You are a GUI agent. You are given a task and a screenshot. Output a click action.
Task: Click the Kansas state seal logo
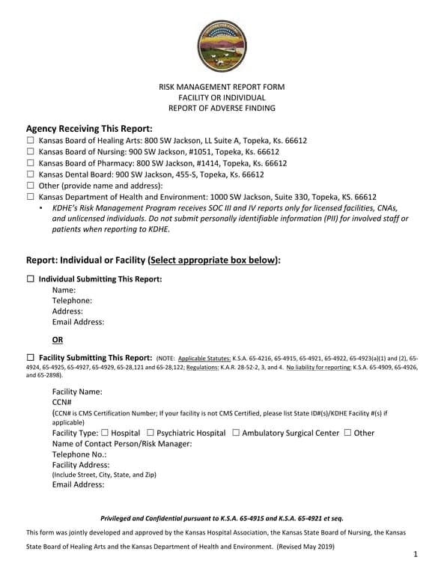(x=222, y=46)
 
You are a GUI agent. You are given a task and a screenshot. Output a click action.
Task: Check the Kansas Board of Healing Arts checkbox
(x=31, y=141)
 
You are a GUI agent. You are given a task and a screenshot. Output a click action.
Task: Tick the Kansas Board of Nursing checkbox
(x=31, y=152)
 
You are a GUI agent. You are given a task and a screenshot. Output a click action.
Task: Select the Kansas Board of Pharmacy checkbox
(x=31, y=163)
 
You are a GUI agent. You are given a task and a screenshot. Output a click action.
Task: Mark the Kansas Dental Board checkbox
(x=31, y=174)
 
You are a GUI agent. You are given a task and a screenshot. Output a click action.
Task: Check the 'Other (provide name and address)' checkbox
(x=31, y=186)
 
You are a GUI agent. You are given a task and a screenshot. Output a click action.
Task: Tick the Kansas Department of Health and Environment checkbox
(x=31, y=197)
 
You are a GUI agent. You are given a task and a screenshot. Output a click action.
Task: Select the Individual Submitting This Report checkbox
(x=31, y=279)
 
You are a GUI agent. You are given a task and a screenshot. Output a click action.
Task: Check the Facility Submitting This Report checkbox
(x=31, y=358)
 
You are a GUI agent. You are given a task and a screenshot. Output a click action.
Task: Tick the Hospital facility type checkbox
(x=105, y=433)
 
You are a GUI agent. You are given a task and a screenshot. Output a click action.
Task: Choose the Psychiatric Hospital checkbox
(x=151, y=433)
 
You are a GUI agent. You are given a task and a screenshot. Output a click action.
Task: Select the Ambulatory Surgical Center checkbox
(x=236, y=433)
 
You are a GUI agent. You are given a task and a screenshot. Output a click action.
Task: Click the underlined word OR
(x=58, y=339)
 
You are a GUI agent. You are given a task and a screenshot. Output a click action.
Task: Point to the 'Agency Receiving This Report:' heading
(x=89, y=128)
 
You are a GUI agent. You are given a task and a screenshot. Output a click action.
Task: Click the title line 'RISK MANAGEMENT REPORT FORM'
(x=222, y=87)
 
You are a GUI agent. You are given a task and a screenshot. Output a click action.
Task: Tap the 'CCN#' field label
(x=62, y=402)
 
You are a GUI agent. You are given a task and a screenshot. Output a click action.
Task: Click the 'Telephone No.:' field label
(x=79, y=454)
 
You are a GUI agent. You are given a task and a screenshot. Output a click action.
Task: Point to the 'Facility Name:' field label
(x=77, y=392)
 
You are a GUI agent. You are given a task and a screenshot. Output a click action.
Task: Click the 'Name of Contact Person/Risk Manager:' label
(x=122, y=444)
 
